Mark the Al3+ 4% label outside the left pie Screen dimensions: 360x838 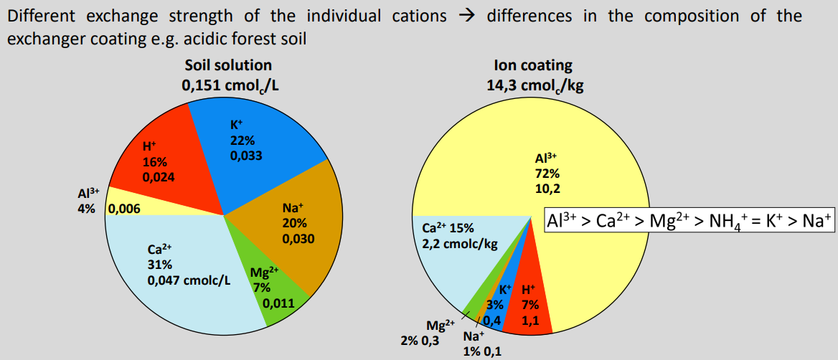coord(88,201)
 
